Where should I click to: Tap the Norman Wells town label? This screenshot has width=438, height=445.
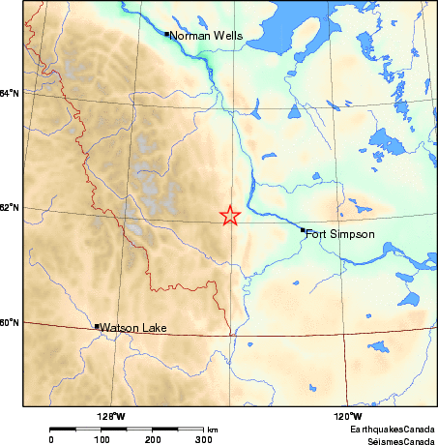pos(206,37)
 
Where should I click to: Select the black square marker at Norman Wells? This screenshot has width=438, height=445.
pos(167,34)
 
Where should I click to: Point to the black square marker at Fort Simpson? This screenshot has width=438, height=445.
pos(303,230)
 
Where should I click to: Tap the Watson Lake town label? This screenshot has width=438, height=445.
pos(133,329)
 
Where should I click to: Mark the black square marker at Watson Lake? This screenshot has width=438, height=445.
pos(97,327)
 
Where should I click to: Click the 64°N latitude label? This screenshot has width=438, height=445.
pos(10,93)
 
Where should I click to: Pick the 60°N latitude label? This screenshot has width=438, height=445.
pos(10,322)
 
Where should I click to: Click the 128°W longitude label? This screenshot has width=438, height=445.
pos(112,417)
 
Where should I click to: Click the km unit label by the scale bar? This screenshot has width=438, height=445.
pos(213,430)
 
